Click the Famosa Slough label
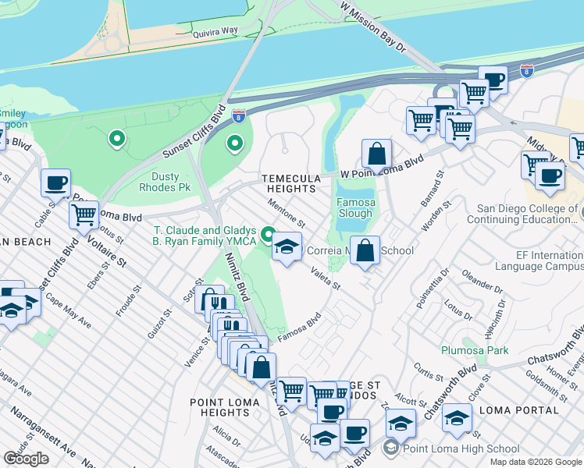[355, 207]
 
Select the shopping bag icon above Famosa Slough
[376, 153]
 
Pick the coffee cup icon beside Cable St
[55, 183]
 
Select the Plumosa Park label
[475, 350]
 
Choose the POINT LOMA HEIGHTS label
[219, 406]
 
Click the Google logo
[26, 459]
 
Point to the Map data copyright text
[535, 462]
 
